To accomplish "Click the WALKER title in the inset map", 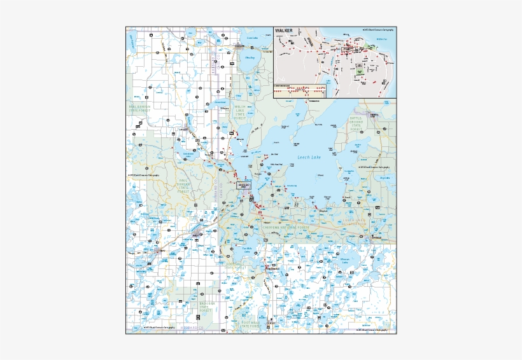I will (x=285, y=30).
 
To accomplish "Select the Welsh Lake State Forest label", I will (x=239, y=112).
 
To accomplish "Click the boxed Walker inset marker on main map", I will (x=244, y=185).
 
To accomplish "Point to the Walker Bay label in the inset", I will (x=382, y=39).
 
